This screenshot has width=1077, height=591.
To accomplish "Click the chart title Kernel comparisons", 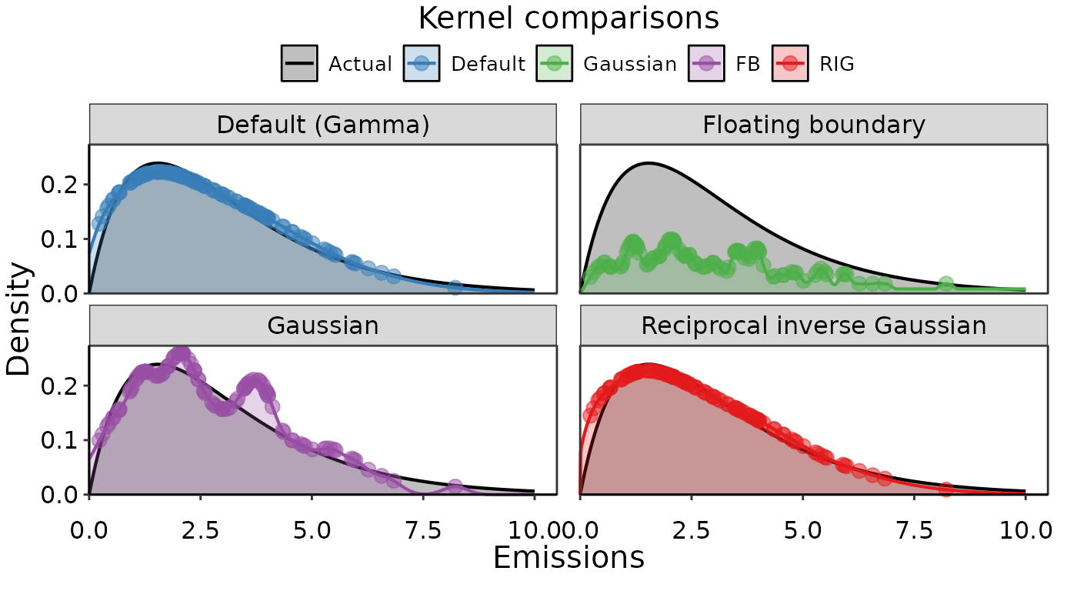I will [x=569, y=18].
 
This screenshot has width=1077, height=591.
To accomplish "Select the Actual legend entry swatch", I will [x=299, y=63].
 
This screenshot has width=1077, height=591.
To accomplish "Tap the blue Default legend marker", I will [x=422, y=63].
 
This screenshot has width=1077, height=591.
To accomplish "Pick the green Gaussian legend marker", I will [x=554, y=63].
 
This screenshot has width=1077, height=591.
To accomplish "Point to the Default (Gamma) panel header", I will [x=322, y=125].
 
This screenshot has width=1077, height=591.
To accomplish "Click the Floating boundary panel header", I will [x=813, y=125].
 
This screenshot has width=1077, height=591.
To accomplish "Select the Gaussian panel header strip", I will [x=322, y=326].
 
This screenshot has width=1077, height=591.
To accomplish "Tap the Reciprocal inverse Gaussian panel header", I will [x=813, y=326].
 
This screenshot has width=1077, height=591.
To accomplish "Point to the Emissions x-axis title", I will [x=569, y=558].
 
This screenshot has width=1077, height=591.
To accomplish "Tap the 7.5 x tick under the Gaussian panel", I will [x=423, y=531].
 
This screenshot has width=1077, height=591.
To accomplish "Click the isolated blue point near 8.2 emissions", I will [x=455, y=287].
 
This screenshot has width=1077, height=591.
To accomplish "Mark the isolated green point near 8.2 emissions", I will [x=945, y=284].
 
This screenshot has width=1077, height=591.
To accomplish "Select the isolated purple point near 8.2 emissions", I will [x=455, y=486].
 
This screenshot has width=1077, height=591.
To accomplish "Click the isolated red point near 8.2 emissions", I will [x=945, y=489].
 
